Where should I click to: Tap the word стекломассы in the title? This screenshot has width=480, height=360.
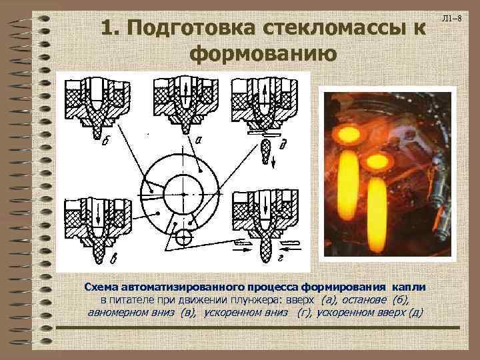(x=331, y=27)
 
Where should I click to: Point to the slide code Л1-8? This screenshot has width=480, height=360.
(x=451, y=19)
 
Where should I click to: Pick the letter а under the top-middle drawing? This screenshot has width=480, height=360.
(x=199, y=140)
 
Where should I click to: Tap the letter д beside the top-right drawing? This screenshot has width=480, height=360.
(x=282, y=144)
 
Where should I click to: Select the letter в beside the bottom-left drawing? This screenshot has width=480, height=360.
(x=113, y=259)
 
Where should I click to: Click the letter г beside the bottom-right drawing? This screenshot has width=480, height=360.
(x=280, y=259)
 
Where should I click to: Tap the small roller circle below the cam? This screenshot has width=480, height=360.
(x=184, y=237)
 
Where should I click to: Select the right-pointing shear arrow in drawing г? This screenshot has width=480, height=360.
(x=243, y=249)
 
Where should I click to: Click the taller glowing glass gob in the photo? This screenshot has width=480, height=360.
(x=348, y=185)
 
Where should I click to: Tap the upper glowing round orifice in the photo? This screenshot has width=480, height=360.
(x=349, y=135)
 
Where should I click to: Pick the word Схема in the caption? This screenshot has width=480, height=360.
(x=101, y=287)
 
